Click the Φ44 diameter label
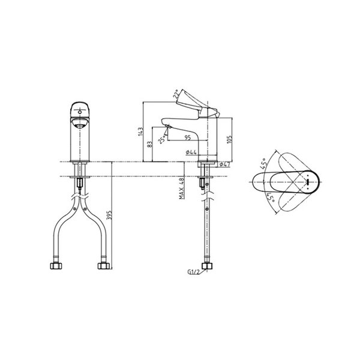point(188,155)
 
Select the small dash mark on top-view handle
point(308,181)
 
